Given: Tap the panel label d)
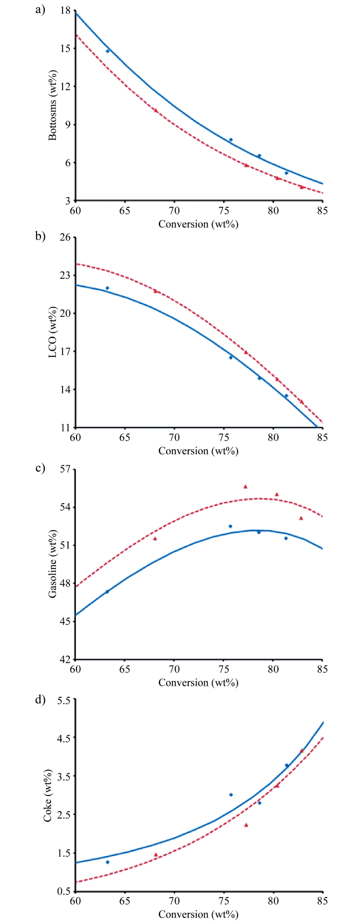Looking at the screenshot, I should (39, 699).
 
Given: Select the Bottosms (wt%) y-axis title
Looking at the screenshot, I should (53, 105).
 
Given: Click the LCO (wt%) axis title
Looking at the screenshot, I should (53, 332).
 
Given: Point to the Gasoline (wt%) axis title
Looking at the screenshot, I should (53, 563).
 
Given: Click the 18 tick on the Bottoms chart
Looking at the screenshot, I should (65, 11).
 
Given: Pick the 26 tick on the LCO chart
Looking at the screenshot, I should (65, 237).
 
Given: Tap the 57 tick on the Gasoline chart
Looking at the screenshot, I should (65, 469).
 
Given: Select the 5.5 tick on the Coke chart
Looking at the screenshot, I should (64, 700).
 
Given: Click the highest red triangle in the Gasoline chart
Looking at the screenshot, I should (245, 486).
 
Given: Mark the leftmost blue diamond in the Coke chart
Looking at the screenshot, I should (107, 862).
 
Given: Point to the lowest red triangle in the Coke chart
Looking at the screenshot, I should (246, 825).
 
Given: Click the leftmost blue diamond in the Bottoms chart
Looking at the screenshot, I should (108, 51).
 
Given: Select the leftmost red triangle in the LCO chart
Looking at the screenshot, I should (156, 291).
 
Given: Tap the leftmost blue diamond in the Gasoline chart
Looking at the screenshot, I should (107, 592).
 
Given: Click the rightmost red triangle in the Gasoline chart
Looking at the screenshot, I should (301, 518).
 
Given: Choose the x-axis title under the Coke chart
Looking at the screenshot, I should (198, 915).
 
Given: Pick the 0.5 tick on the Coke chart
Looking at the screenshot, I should (64, 891).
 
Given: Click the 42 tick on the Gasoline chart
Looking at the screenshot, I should (65, 659).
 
